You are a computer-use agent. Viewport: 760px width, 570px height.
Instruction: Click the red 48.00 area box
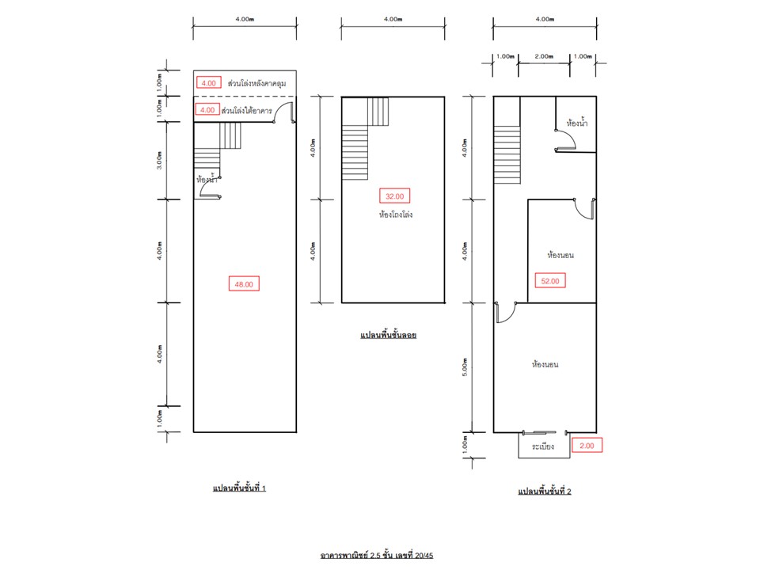pyautogui.click(x=244, y=284)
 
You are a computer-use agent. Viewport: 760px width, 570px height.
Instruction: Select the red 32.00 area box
pyautogui.click(x=394, y=196)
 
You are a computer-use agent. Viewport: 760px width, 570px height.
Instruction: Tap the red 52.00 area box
pyautogui.click(x=550, y=280)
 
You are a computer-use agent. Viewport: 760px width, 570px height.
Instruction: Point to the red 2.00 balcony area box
pyautogui.click(x=587, y=446)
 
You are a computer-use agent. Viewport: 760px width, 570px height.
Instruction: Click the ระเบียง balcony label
pyautogui.click(x=543, y=446)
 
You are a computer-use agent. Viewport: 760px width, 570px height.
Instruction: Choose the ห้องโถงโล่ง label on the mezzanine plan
pyautogui.click(x=396, y=215)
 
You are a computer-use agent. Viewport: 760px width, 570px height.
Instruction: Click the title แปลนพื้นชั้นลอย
pyautogui.click(x=388, y=335)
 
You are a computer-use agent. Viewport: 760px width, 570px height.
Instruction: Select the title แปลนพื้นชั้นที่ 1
pyautogui.click(x=239, y=488)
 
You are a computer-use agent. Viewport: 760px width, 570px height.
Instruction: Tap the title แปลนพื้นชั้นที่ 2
pyautogui.click(x=545, y=491)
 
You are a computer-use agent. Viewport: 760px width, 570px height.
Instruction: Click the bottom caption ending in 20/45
pyautogui.click(x=377, y=555)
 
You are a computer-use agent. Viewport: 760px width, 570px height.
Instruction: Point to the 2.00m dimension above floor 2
pyautogui.click(x=545, y=56)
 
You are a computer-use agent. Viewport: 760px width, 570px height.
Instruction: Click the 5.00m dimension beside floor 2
pyautogui.click(x=465, y=367)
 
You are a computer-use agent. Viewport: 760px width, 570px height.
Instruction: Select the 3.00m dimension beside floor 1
pyautogui.click(x=159, y=161)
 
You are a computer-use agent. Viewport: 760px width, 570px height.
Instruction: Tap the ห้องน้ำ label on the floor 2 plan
pyautogui.click(x=577, y=123)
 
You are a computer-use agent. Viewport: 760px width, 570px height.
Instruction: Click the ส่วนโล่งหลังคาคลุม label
pyautogui.click(x=256, y=83)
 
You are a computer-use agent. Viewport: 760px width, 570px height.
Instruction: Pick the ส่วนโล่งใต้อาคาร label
pyautogui.click(x=247, y=111)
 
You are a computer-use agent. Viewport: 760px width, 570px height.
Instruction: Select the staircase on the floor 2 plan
pyautogui.click(x=507, y=154)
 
